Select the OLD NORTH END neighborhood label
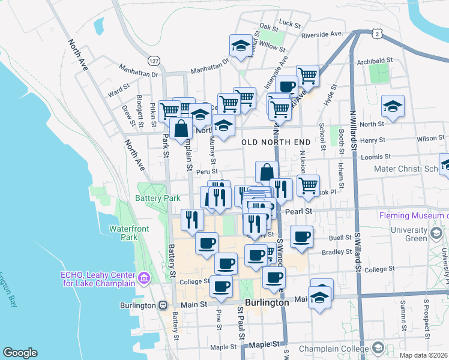tap(276, 142)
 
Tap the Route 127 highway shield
tap(154, 61)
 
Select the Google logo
tap(20, 353)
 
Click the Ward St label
tap(118, 94)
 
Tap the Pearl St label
tap(299, 211)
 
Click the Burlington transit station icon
tap(163, 305)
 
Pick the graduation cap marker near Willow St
tap(241, 46)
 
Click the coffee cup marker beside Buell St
tap(302, 236)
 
